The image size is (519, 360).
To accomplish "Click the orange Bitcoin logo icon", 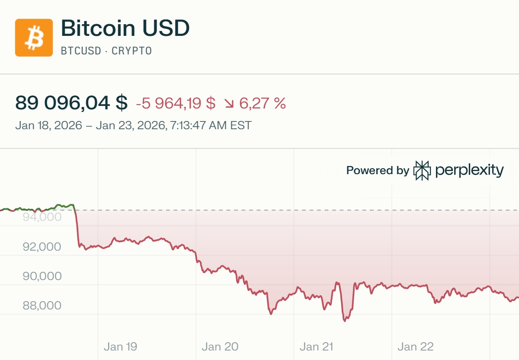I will [x=34, y=38].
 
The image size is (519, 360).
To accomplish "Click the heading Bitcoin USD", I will [x=125, y=29].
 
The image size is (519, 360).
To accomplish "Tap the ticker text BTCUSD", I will [x=80, y=51].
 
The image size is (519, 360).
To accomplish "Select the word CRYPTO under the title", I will [x=131, y=51].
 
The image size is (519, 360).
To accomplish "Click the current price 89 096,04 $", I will [x=71, y=103].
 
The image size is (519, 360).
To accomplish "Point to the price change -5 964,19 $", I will [x=176, y=103].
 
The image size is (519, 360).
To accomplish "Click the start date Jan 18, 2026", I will [x=48, y=126].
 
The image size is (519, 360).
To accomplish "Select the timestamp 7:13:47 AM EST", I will [x=211, y=126].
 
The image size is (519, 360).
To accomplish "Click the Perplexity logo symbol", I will [x=422, y=170].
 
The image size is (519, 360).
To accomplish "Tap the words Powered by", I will [x=377, y=171].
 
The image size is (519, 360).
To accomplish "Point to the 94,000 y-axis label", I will [x=42, y=217].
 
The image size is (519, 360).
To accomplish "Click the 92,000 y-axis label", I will [x=42, y=247].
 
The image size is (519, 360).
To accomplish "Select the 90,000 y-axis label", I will [x=42, y=276].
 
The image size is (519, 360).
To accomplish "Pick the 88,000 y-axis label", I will [x=42, y=306].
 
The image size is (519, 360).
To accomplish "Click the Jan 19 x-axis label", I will [x=120, y=346].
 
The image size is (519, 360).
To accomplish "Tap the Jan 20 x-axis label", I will [x=220, y=346].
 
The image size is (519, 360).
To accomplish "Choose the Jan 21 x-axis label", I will [x=317, y=346].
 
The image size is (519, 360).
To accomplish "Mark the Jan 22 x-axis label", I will [x=415, y=346].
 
